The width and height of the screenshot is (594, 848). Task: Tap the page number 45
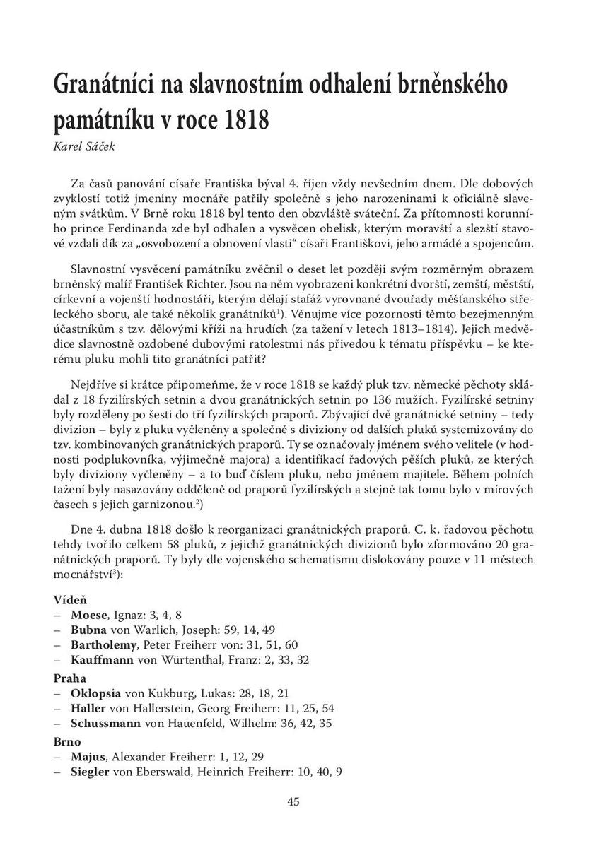pos(296,801)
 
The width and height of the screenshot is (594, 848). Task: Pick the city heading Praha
pos(69,678)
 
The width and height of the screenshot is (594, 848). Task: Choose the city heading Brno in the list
pos(68,742)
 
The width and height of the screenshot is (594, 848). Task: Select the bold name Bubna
pos(88,630)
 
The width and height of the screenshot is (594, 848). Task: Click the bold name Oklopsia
pos(95,693)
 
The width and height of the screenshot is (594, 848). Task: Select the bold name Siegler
pos(90,772)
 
